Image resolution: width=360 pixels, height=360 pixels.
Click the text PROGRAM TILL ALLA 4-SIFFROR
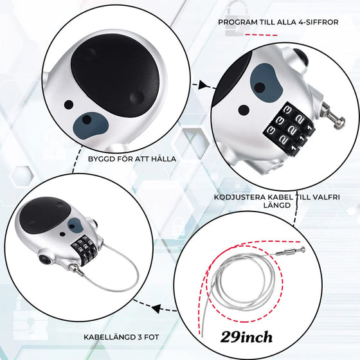click(278, 22)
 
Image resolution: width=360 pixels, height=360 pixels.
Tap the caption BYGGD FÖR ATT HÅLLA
click(132, 159)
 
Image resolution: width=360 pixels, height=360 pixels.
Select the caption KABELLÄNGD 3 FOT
click(122, 337)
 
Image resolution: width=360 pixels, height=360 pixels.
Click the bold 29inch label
click(246, 337)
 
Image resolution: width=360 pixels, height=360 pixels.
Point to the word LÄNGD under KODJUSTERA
click(277, 205)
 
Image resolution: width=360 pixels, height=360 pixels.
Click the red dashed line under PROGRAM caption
click(261, 35)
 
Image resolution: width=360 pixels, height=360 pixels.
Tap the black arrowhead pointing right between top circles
click(203, 85)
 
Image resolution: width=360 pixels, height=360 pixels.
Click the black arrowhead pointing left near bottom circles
click(156, 309)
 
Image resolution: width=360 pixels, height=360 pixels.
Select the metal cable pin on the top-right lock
click(334, 116)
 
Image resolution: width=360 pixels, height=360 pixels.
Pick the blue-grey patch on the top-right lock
click(266, 83)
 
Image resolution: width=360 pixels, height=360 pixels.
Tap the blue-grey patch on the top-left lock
click(90, 125)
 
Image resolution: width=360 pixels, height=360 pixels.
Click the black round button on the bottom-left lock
click(44, 259)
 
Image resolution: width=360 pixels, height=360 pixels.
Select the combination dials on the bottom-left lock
click(84, 250)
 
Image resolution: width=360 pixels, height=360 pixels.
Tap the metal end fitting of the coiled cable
click(291, 251)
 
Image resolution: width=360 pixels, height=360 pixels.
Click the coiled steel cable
click(244, 282)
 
